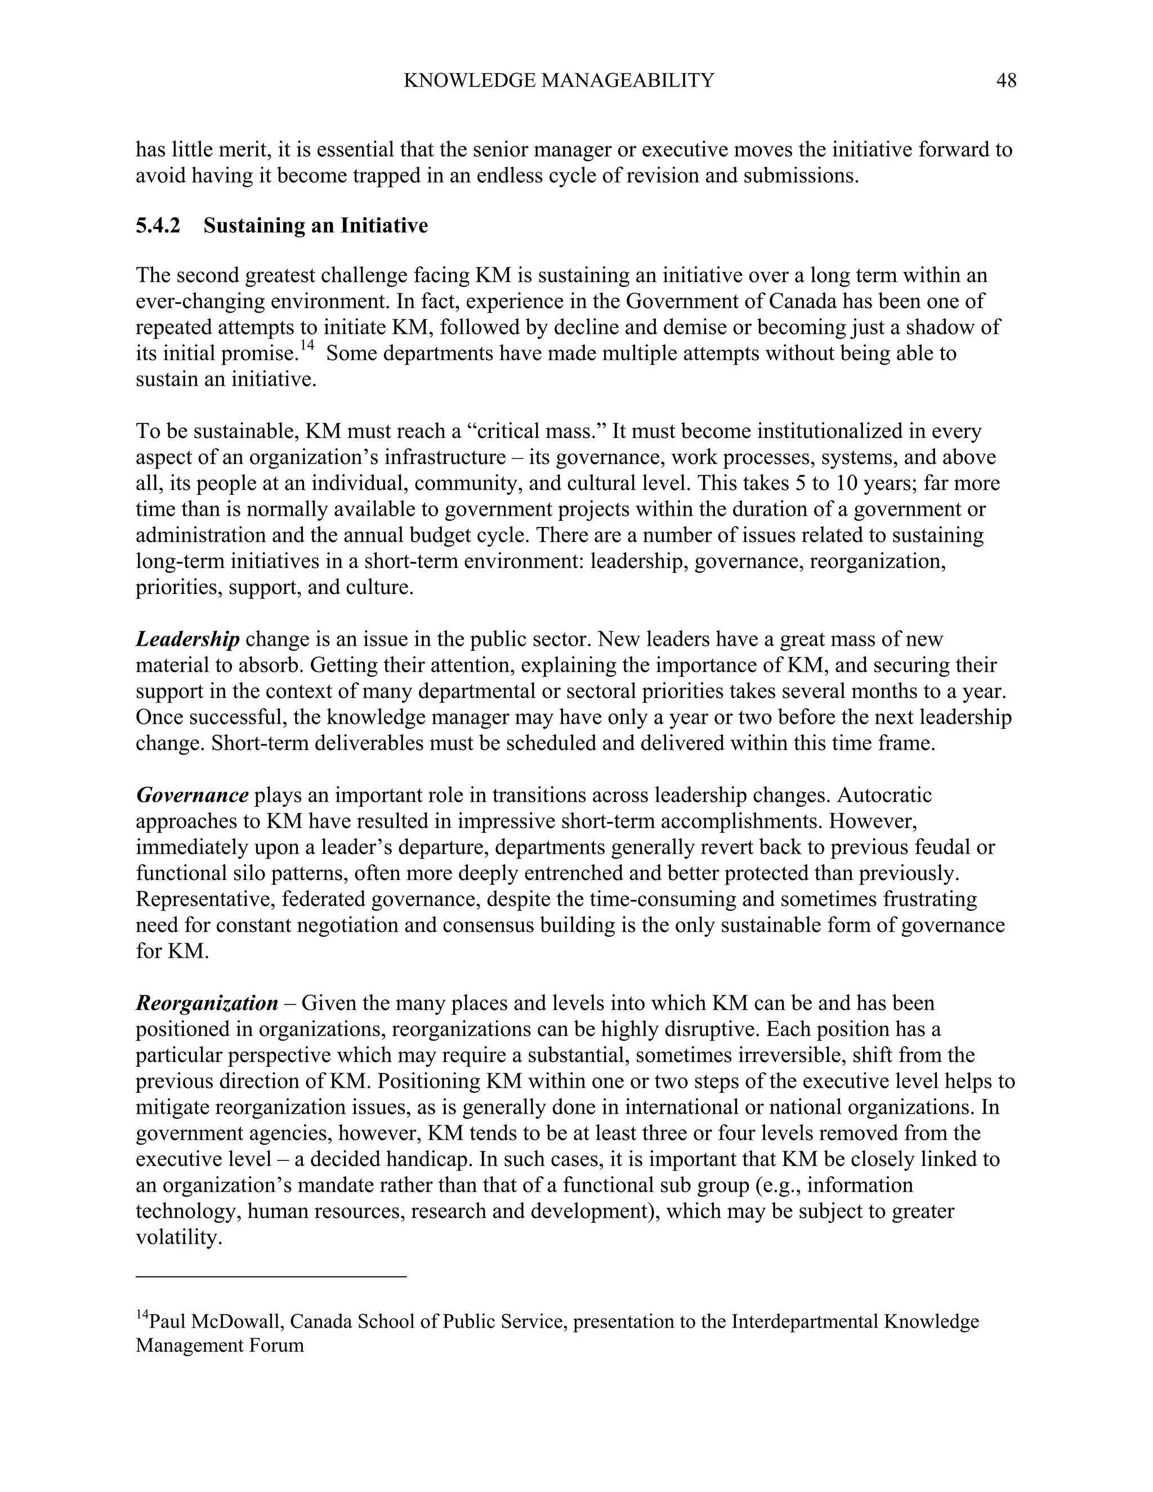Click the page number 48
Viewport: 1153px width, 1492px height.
click(x=1006, y=81)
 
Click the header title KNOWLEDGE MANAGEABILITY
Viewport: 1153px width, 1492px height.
click(x=558, y=81)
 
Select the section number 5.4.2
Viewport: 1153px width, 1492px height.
click(x=158, y=225)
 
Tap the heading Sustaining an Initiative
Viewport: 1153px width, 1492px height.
click(x=316, y=225)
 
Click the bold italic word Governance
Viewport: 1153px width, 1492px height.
click(x=192, y=795)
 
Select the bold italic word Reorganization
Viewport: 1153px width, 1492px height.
click(x=207, y=1003)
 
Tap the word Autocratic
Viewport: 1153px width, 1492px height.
click(x=884, y=795)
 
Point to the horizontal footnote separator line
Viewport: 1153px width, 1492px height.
click(x=271, y=1275)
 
